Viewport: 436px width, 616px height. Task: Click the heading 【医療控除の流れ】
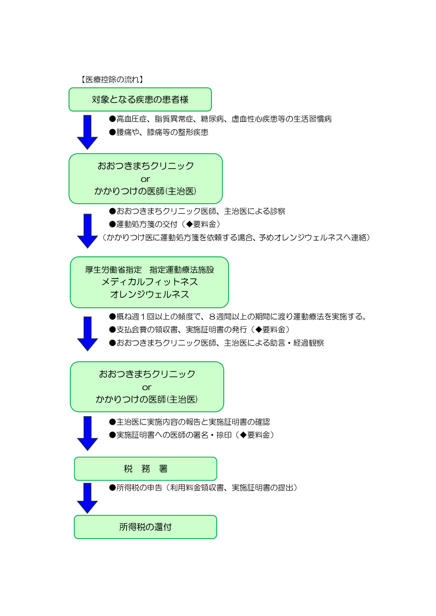click(x=112, y=80)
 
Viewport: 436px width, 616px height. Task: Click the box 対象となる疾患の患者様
click(x=140, y=99)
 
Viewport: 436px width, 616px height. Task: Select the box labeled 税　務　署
click(x=146, y=468)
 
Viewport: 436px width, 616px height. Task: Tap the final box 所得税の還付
click(x=146, y=527)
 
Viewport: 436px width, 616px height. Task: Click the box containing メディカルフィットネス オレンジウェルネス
click(x=149, y=282)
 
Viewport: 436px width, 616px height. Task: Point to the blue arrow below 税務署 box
click(x=87, y=498)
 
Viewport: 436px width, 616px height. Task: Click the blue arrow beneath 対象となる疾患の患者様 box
click(x=87, y=132)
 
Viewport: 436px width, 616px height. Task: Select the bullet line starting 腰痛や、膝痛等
click(x=159, y=132)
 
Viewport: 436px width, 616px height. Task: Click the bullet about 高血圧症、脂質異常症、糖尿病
click(x=220, y=119)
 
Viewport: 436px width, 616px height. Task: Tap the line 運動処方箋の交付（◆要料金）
click(x=165, y=224)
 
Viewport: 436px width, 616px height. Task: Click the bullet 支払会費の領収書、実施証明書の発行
click(x=199, y=329)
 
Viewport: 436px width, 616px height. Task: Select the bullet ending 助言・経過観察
click(x=217, y=343)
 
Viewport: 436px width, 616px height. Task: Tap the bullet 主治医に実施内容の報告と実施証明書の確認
click(x=190, y=422)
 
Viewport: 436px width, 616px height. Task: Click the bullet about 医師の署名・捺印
click(x=192, y=435)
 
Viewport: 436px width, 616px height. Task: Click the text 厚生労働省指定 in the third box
click(x=114, y=270)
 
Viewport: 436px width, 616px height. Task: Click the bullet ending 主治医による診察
click(x=197, y=211)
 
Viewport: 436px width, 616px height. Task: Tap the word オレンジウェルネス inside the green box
click(x=149, y=294)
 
